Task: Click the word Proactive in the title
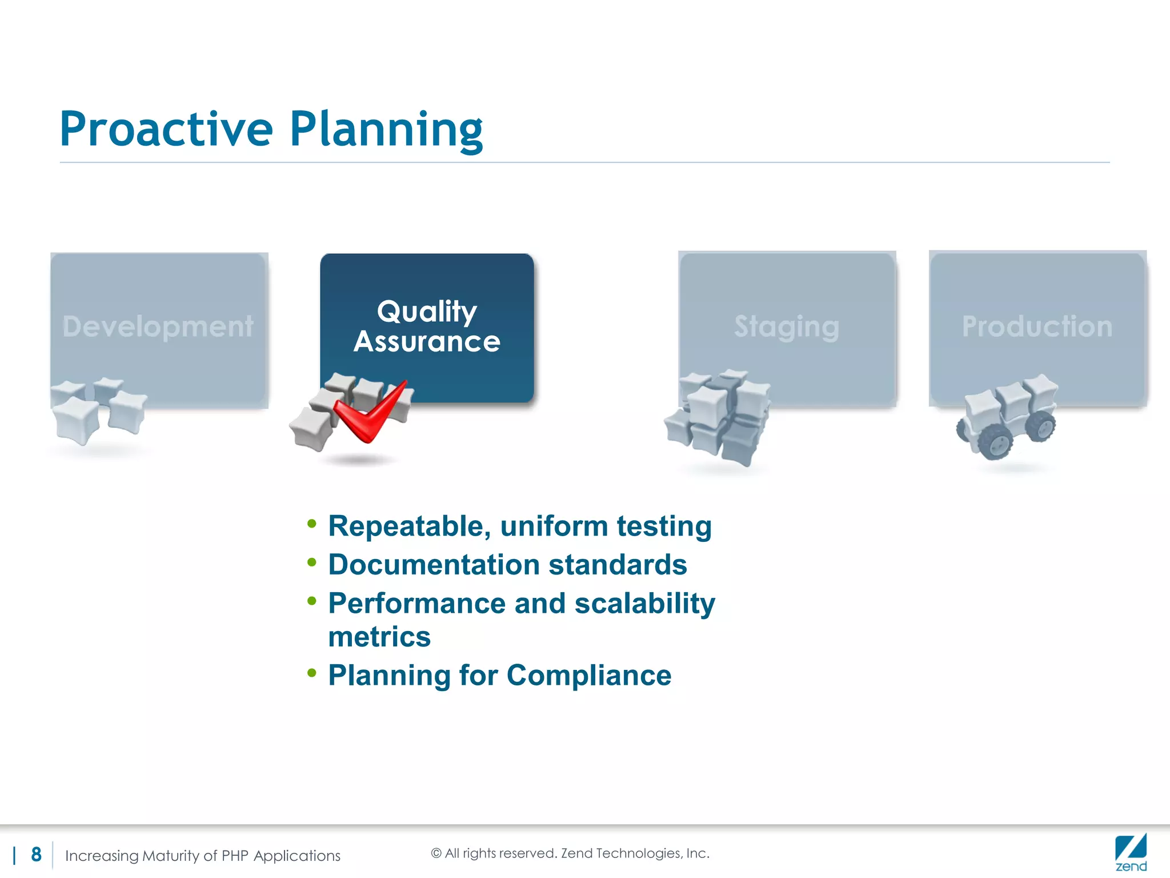166,129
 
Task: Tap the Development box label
158,326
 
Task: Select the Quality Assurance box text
427,326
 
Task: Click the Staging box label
787,326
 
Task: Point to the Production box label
1037,326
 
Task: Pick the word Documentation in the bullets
434,565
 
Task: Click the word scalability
644,604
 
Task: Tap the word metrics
379,637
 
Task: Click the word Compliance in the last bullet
588,676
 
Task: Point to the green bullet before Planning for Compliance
311,673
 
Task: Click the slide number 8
37,855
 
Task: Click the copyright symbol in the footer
436,853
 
